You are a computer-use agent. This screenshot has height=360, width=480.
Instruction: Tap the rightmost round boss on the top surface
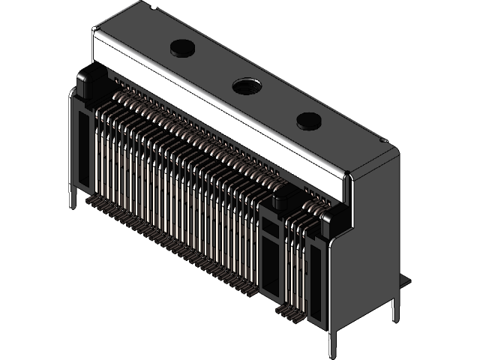(307, 121)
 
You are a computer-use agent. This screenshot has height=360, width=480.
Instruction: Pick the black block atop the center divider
(283, 199)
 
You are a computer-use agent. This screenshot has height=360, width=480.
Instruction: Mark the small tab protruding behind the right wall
(406, 280)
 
